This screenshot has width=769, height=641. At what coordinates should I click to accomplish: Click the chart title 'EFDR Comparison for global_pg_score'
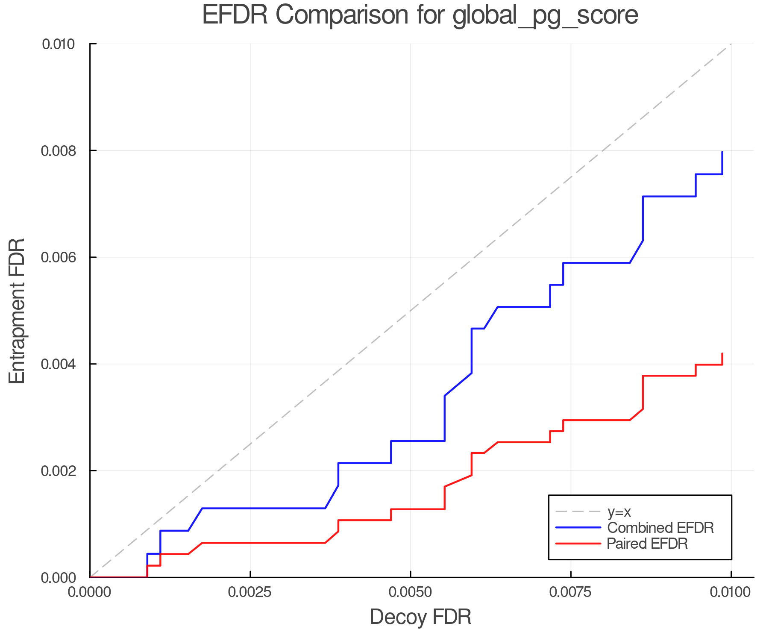point(420,15)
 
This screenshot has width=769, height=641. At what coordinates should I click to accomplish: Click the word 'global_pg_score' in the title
point(545,15)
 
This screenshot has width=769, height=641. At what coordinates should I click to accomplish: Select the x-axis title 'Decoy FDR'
point(420,617)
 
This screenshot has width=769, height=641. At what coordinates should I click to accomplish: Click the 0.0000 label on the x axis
point(90,592)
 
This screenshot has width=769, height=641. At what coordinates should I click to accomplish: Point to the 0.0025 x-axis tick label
point(250,592)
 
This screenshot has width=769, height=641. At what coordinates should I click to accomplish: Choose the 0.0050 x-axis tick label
point(411,592)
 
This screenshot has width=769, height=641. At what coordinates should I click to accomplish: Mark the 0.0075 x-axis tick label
point(571,592)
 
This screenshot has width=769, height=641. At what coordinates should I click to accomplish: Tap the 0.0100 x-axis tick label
point(731,592)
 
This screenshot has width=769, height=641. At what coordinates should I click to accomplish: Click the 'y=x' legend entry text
point(619,512)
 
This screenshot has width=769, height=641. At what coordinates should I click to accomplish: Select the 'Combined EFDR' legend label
point(660,528)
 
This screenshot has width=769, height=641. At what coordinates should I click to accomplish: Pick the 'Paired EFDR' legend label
point(647,544)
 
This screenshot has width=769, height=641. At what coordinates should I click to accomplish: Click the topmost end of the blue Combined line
point(722,152)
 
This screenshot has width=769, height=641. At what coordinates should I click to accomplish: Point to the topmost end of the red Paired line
point(722,354)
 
